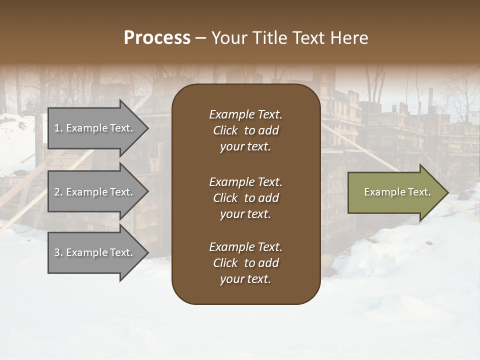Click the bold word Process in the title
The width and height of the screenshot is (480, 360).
(x=157, y=38)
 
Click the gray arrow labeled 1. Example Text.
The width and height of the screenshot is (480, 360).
(x=95, y=128)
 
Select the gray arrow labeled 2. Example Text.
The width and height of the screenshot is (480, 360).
(x=95, y=192)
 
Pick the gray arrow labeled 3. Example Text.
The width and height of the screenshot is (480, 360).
(x=95, y=252)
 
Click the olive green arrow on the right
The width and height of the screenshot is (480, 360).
(x=395, y=192)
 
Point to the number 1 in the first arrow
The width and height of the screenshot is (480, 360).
(x=57, y=128)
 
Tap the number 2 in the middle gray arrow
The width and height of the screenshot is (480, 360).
(x=57, y=192)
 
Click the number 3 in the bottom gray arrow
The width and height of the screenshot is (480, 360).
(x=57, y=252)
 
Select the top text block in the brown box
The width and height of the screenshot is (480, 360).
(x=245, y=130)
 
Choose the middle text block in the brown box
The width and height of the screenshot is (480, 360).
(x=245, y=198)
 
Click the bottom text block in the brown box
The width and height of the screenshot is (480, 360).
(x=245, y=263)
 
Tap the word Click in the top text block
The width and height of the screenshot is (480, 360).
(x=225, y=130)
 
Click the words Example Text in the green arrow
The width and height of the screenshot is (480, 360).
(x=397, y=192)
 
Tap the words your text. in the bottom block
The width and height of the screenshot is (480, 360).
(x=245, y=279)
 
